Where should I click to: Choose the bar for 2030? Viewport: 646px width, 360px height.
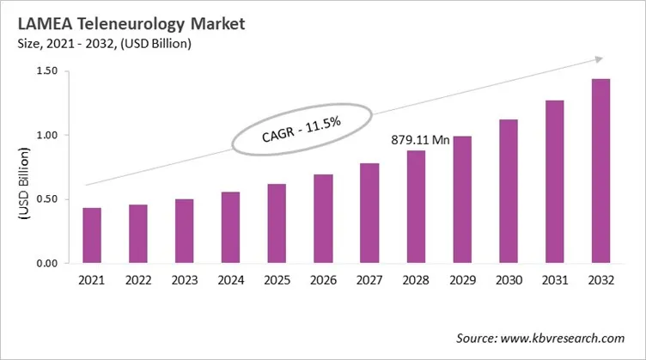coord(509,191)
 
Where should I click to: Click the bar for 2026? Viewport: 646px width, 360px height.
coord(322,218)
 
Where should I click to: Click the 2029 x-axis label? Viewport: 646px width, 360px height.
coord(462,279)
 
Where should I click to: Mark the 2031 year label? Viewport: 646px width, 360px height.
coord(555,279)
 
